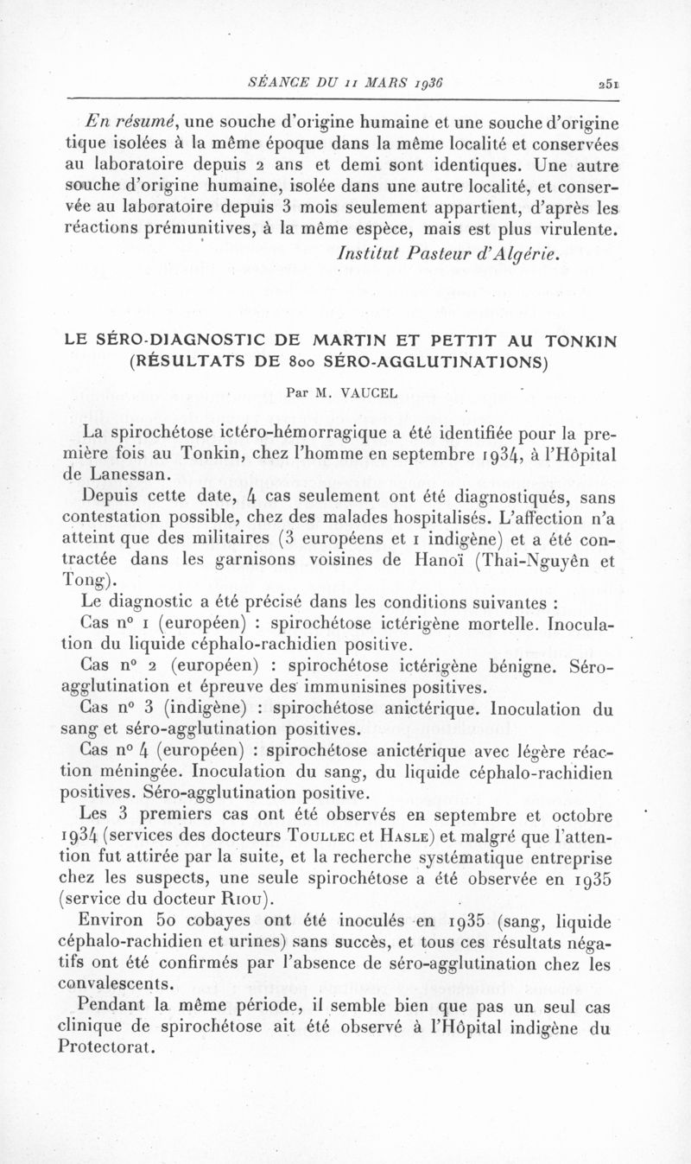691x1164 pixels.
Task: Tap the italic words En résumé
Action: pyautogui.click(x=121, y=120)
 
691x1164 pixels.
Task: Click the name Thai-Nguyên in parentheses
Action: pyautogui.click(x=529, y=558)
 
